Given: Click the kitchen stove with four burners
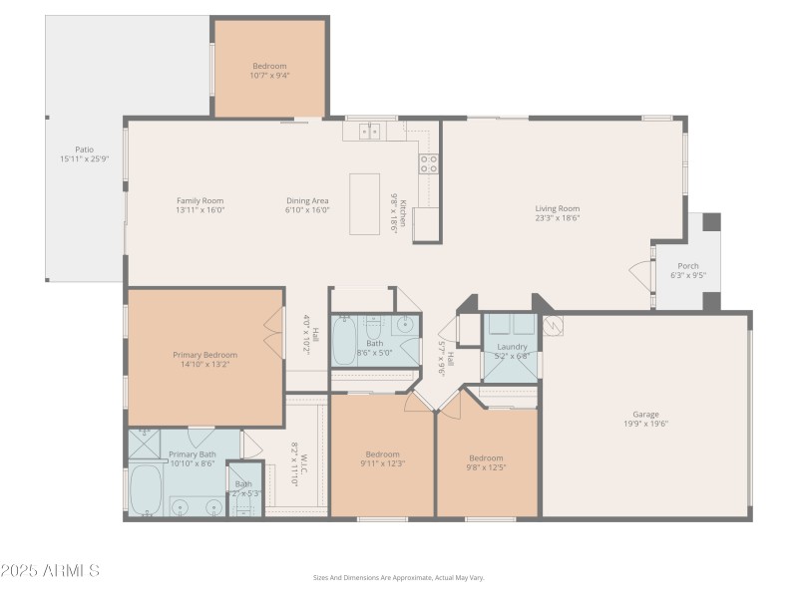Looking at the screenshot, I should [428, 164].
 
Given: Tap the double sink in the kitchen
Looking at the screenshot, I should [370, 132].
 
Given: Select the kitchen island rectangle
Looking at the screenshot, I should [364, 204].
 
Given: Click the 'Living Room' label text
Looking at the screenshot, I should [557, 208].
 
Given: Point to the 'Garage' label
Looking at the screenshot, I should [645, 415].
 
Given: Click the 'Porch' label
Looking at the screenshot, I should [688, 266].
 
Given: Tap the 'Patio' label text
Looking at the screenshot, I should [84, 149].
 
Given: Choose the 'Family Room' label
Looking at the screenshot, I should [199, 200].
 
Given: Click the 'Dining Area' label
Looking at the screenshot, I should [307, 200].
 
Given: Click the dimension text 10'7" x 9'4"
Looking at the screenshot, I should [269, 75].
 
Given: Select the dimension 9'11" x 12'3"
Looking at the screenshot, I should [382, 462].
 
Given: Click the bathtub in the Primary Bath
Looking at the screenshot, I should [146, 487].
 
